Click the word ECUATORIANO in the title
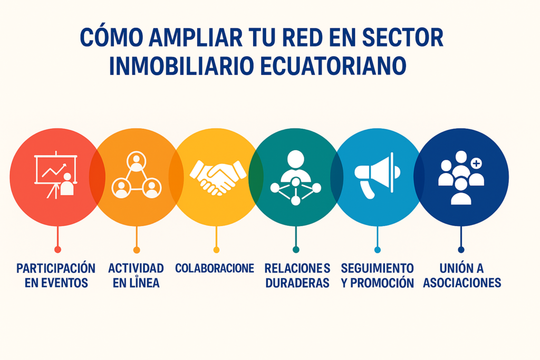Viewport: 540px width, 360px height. point(333,66)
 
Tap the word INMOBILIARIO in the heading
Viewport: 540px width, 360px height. point(181,66)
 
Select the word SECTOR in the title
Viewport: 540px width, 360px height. point(402,37)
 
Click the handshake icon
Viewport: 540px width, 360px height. point(218,177)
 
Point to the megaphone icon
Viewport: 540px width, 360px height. point(377,175)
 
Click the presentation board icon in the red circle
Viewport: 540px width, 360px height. point(56,175)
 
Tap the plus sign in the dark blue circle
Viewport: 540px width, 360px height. point(476,163)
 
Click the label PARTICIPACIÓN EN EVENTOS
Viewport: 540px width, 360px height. point(56,275)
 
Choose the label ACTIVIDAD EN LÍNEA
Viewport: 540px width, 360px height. point(136,275)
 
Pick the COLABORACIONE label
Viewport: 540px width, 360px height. point(215,268)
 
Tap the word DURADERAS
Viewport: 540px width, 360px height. point(297,283)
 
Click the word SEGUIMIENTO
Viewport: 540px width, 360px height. point(377,268)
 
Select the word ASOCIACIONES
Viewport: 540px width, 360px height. point(462,283)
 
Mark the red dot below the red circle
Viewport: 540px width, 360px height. point(57,249)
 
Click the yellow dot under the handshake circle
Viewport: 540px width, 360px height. point(216,250)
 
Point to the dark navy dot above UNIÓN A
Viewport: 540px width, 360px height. point(461,249)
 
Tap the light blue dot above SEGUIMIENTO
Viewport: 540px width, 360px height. point(378,250)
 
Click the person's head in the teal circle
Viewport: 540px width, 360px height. point(296,159)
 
